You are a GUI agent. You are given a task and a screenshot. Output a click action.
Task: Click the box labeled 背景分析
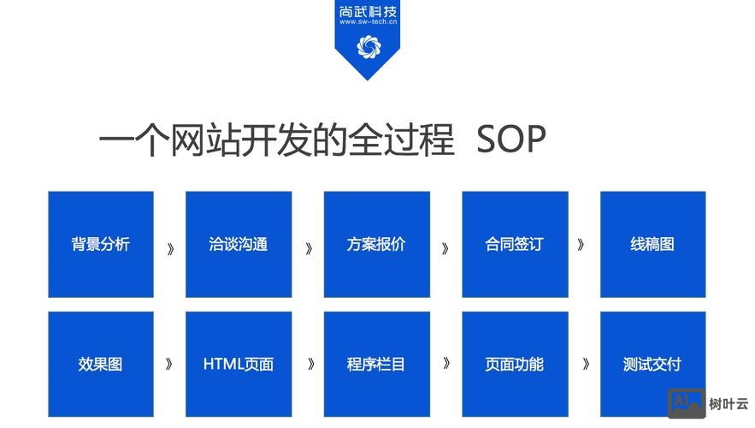click(101, 244)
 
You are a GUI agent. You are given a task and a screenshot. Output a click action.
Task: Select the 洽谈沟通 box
click(239, 244)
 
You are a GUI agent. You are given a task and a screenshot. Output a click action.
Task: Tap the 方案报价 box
click(376, 244)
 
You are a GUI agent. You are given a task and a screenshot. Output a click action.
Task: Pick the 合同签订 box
click(515, 244)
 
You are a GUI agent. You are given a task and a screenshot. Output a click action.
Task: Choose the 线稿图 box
click(652, 244)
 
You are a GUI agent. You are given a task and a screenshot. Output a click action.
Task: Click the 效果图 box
click(101, 364)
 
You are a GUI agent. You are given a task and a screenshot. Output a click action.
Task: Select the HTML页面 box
click(239, 364)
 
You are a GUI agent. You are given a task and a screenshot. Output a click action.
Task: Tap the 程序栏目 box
click(376, 364)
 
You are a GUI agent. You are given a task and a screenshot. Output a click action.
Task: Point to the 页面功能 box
click(515, 364)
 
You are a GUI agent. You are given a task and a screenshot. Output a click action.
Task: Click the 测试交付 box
click(652, 364)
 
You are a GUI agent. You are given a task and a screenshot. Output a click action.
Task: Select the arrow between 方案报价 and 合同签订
click(445, 249)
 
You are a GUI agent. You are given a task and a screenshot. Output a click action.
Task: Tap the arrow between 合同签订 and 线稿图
click(581, 244)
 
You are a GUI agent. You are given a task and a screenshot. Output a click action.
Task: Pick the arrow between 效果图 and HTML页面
click(169, 363)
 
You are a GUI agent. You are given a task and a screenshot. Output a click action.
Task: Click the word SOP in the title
click(511, 140)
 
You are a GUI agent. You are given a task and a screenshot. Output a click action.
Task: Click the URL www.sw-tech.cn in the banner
click(369, 23)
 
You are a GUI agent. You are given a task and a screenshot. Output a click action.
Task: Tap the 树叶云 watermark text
click(729, 403)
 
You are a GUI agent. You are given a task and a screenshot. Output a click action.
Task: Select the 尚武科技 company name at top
click(369, 10)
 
